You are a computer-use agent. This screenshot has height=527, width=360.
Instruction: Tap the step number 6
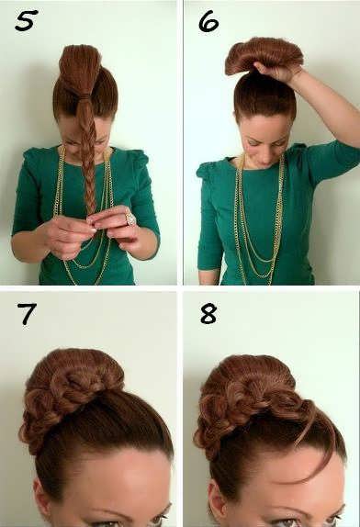tap(208, 21)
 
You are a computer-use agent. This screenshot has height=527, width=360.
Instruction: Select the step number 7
tap(27, 314)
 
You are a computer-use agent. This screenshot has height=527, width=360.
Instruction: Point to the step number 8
tap(208, 314)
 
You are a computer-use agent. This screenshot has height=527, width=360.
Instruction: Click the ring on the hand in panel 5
tap(130, 219)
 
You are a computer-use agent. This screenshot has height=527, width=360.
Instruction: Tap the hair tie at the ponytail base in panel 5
tap(82, 96)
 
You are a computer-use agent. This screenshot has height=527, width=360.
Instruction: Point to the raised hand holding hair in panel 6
tap(274, 72)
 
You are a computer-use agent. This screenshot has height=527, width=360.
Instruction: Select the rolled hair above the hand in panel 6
tap(264, 55)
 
